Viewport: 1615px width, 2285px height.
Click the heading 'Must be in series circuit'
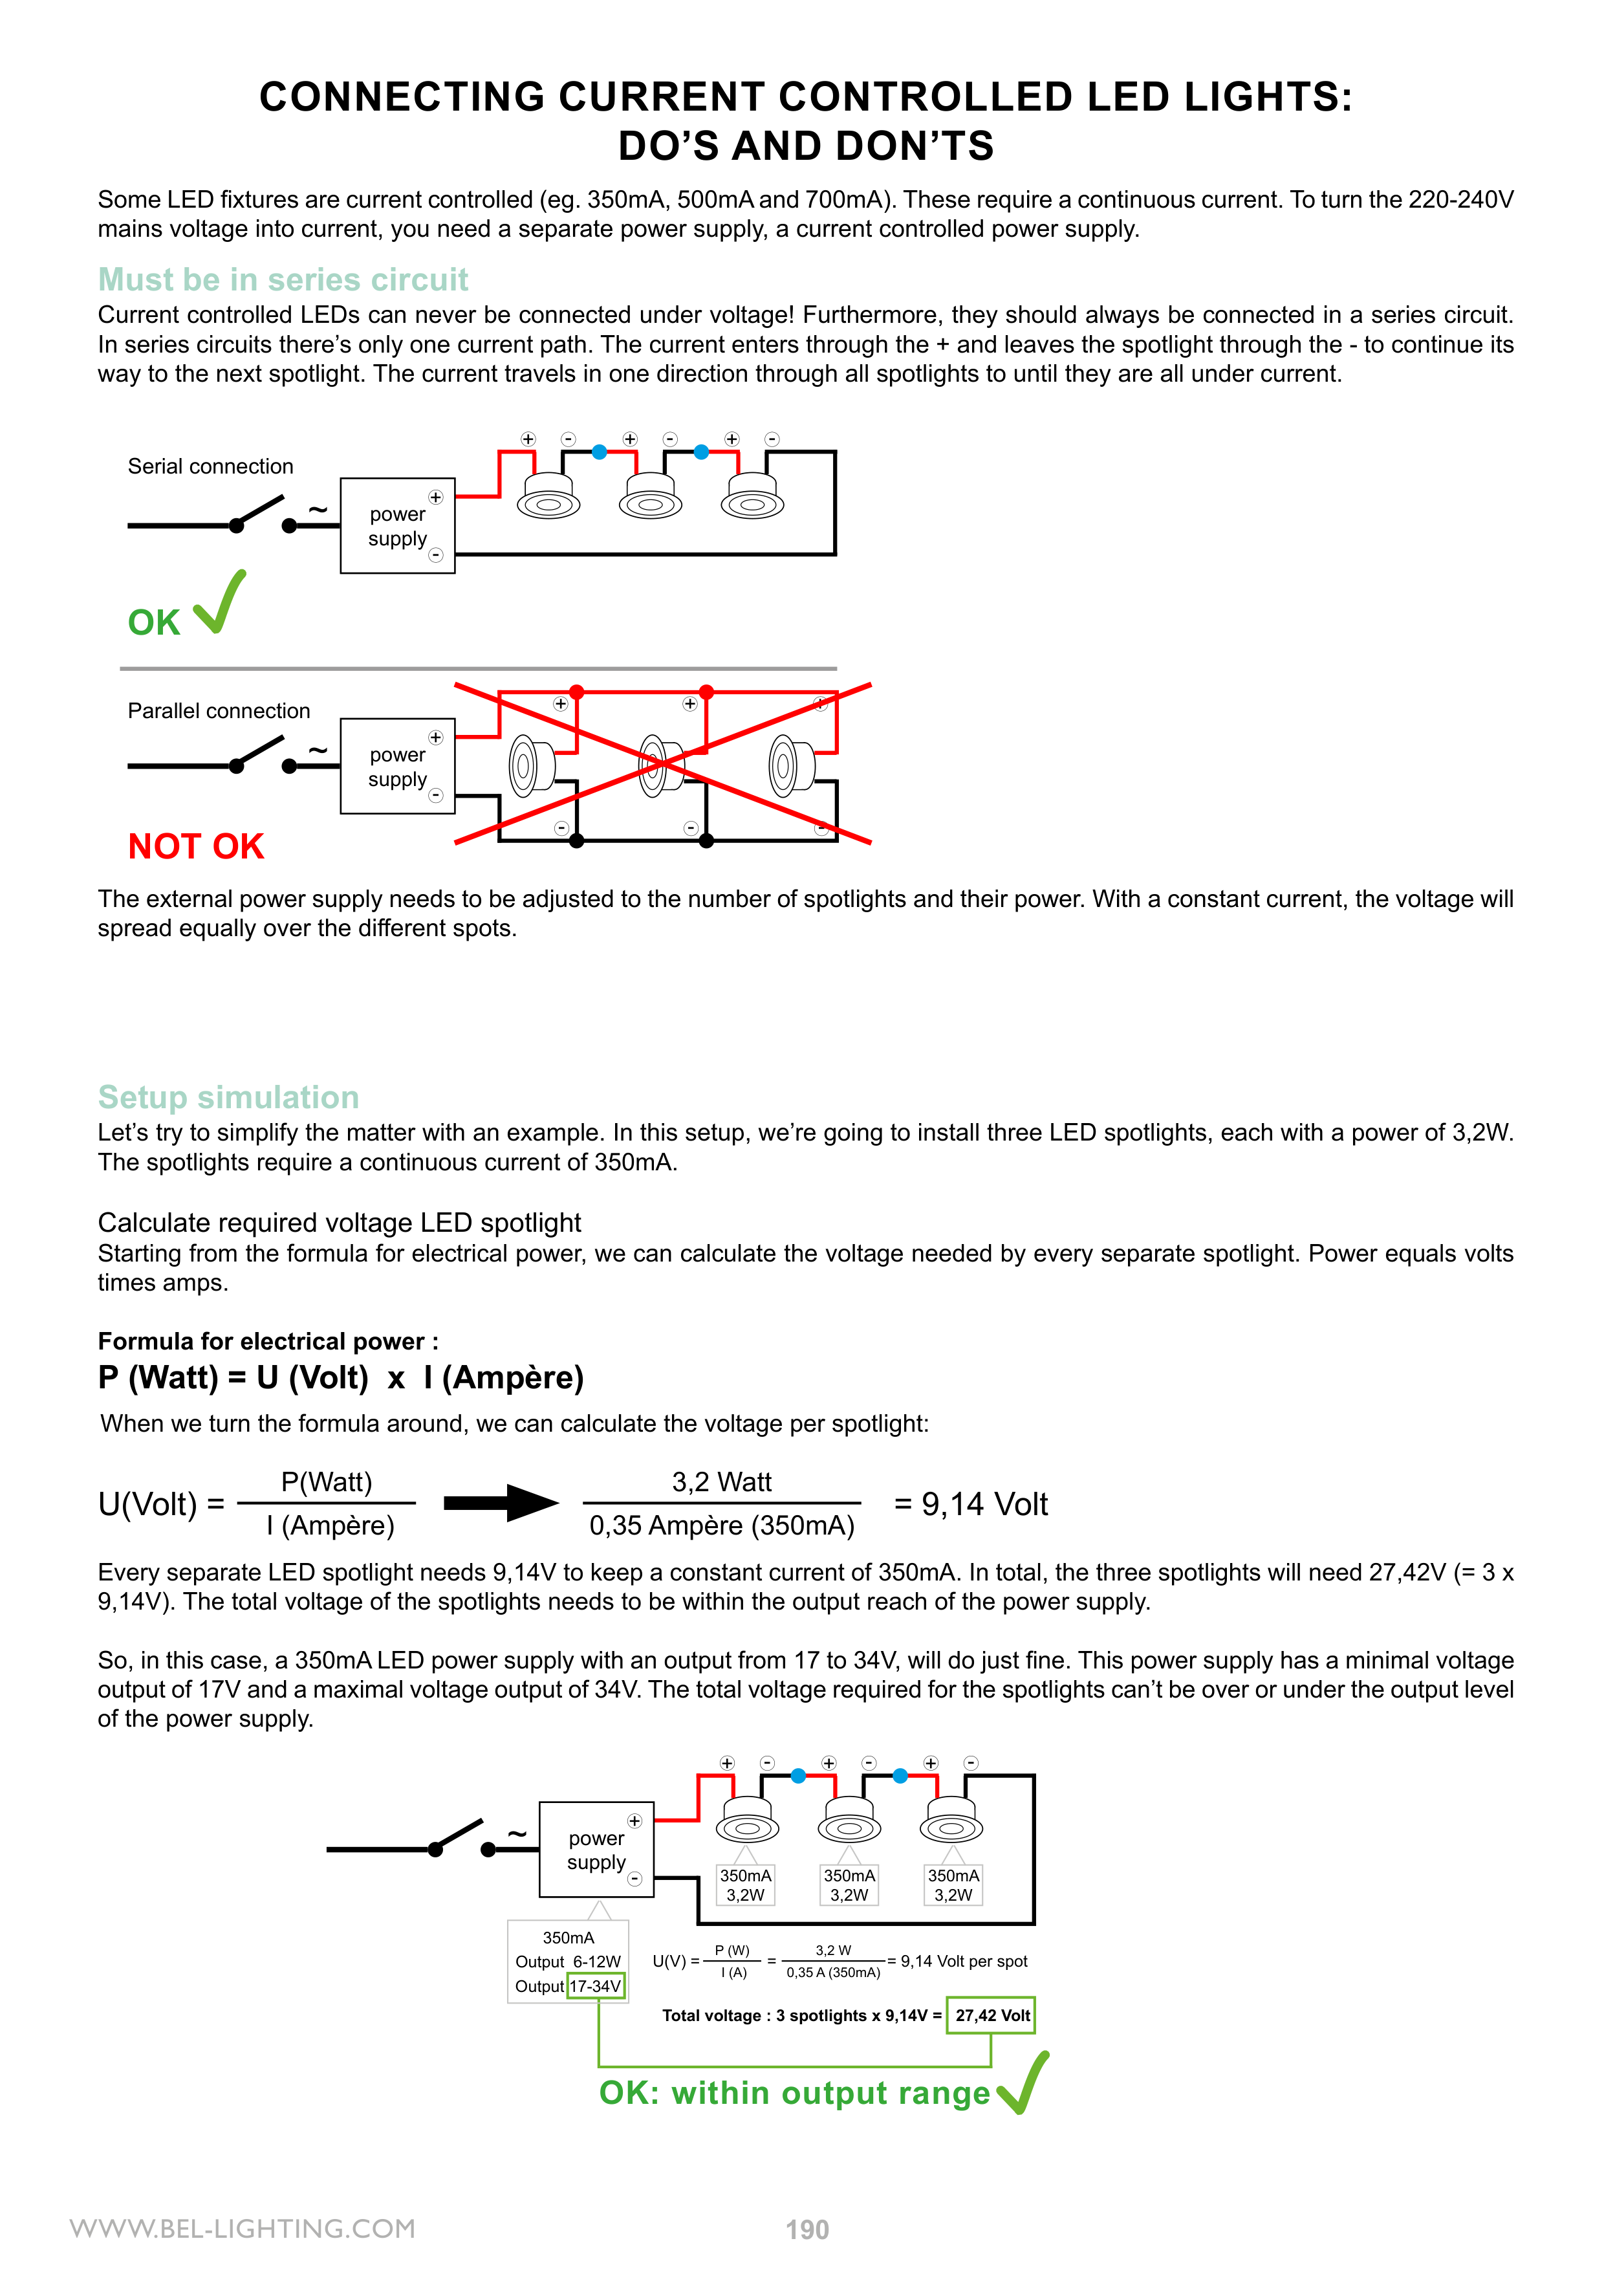(283, 279)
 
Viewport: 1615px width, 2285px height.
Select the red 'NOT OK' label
(196, 846)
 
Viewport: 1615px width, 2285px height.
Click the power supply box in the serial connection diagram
(397, 525)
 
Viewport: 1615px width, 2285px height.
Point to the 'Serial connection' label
(210, 466)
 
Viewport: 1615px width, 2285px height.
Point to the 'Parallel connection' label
(218, 710)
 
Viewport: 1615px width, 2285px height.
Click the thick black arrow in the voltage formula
(501, 1503)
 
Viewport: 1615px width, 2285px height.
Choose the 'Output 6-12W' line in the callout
(567, 1962)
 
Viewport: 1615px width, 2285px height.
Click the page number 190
(807, 2229)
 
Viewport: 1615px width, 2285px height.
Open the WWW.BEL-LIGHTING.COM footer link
(243, 2228)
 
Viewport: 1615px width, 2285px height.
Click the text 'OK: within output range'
(794, 2093)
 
